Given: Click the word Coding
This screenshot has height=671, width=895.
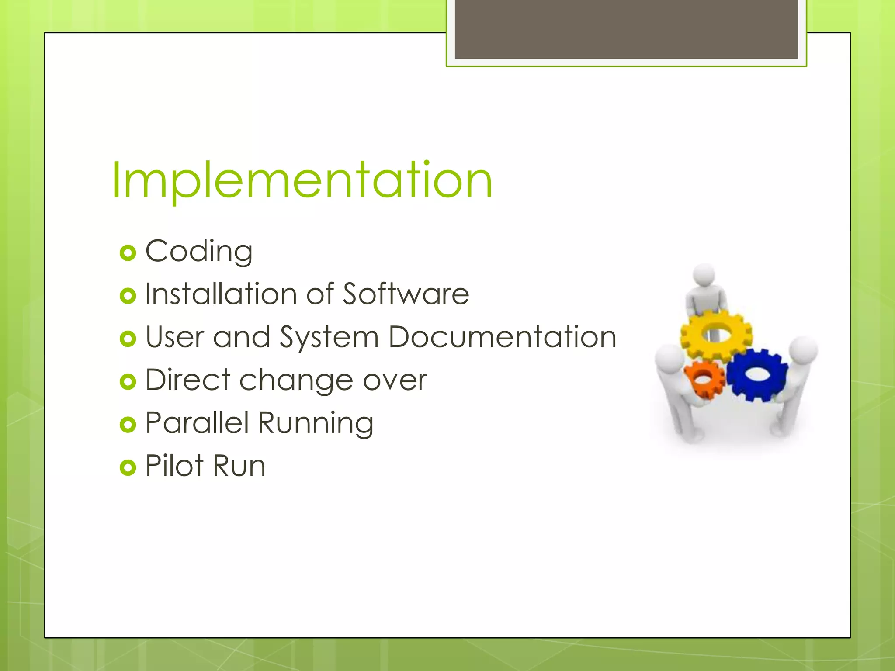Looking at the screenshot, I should point(199,252).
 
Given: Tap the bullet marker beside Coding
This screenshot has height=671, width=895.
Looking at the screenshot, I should point(128,253).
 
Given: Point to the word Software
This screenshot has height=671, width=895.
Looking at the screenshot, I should point(406,294).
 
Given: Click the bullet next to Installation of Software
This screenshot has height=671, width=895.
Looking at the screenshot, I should point(128,296).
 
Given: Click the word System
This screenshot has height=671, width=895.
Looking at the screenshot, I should point(329,337).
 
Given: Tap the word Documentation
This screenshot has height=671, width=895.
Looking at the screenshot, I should point(503,337).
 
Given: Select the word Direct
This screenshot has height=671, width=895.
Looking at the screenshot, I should point(187,380).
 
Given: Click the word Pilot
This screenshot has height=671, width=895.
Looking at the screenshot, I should point(174,465).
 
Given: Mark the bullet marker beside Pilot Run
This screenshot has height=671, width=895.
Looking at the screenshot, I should point(128,467).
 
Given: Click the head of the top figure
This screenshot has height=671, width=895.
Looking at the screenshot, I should point(704,274).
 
